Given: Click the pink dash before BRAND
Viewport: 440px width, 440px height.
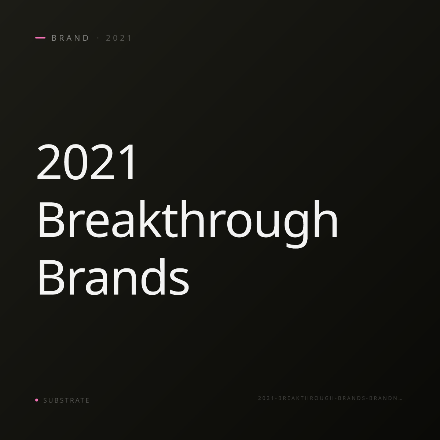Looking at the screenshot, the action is pyautogui.click(x=40, y=38).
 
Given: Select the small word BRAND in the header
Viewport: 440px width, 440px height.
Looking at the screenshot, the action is pyautogui.click(x=70, y=38).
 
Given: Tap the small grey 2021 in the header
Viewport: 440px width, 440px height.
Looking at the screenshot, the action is pyautogui.click(x=119, y=38).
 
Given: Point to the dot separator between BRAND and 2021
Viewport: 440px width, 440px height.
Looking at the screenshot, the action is pyautogui.click(x=98, y=38).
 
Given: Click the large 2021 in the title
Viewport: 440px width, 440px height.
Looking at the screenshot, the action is pyautogui.click(x=86, y=162).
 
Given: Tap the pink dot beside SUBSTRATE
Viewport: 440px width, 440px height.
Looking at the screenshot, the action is pyautogui.click(x=37, y=400).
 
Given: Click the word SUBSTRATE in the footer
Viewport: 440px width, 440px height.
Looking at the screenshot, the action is pyautogui.click(x=66, y=400).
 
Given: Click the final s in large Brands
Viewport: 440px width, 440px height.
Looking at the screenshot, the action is pyautogui.click(x=179, y=282).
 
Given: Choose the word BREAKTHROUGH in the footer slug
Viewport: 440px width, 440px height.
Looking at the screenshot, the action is pyautogui.click(x=306, y=398).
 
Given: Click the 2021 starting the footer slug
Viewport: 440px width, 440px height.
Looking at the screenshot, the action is pyautogui.click(x=266, y=398).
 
